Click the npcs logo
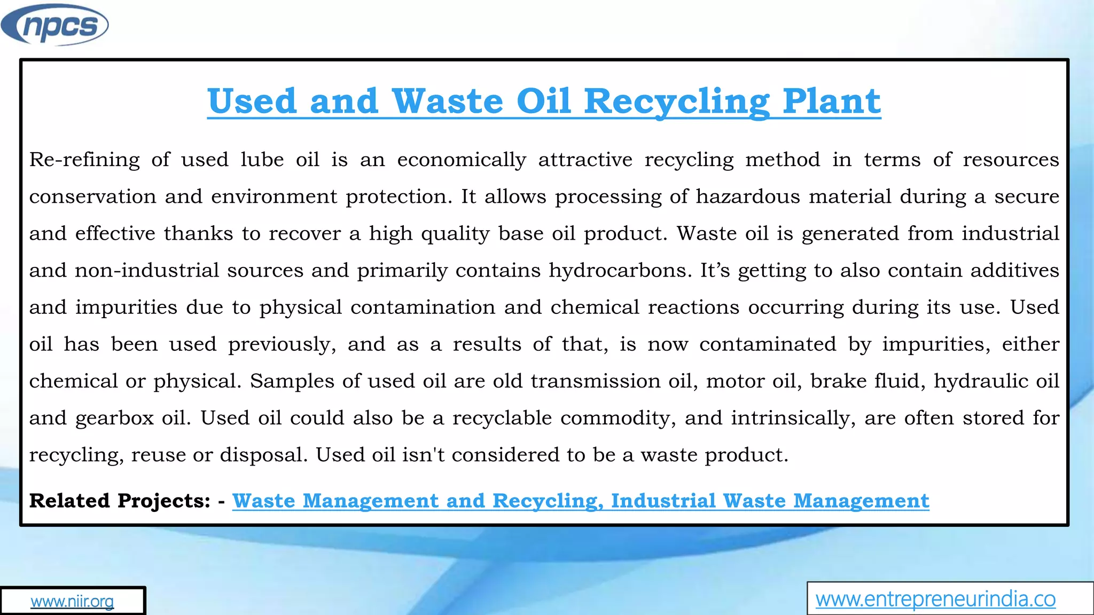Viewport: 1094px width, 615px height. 54,25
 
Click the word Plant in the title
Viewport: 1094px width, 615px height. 831,101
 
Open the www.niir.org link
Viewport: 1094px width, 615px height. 72,601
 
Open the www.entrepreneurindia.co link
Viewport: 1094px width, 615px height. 935,599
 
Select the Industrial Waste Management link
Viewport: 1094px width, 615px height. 770,501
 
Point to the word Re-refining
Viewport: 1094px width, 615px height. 84,160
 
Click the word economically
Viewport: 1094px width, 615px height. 462,160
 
